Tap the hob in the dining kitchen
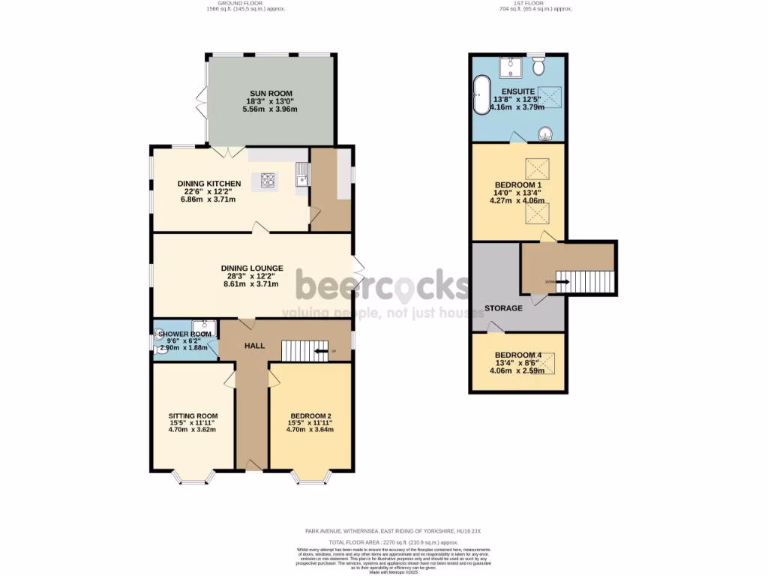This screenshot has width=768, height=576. [x=268, y=179]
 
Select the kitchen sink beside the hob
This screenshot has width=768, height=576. [x=302, y=178]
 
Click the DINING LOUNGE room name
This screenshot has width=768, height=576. [x=252, y=268]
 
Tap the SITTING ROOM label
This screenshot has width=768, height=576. [x=193, y=415]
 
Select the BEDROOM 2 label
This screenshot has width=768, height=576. [x=310, y=415]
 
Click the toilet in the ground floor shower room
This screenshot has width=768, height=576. [x=158, y=338]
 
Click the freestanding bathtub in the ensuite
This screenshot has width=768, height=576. [x=480, y=94]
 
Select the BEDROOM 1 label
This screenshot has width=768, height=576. [x=517, y=184]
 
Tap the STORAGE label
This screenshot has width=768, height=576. [x=503, y=308]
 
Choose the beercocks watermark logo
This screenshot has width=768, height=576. [x=382, y=286]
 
